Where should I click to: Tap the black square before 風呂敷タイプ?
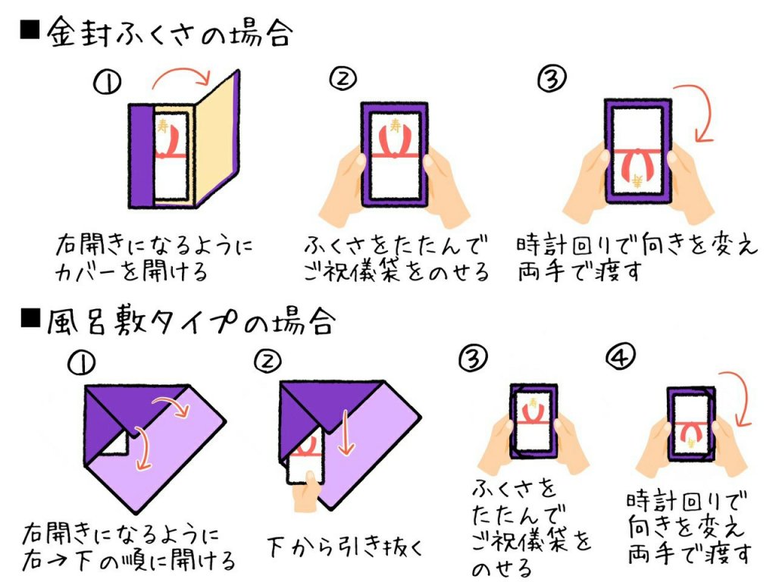coord(29,321)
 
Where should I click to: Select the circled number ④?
coord(623,356)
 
